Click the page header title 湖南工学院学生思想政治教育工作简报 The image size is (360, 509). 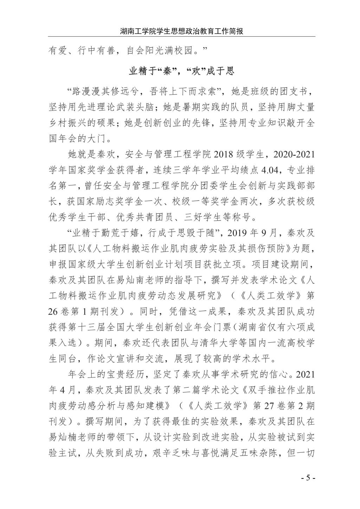click(181, 31)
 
